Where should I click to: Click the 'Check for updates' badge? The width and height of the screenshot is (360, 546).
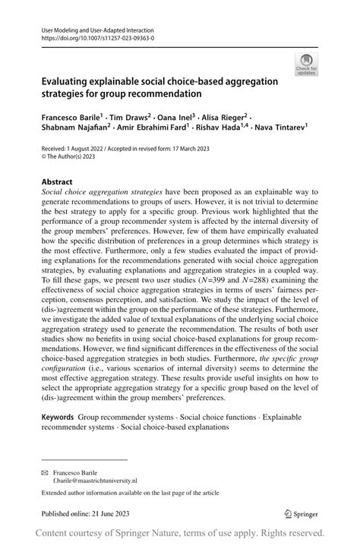(306, 65)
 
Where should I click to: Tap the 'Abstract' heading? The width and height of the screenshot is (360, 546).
(57, 182)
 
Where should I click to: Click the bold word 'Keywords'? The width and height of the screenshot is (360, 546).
(58, 418)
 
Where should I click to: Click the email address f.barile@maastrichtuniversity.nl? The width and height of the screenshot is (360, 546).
(95, 481)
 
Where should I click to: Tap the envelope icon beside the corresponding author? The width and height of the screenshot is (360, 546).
(46, 472)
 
